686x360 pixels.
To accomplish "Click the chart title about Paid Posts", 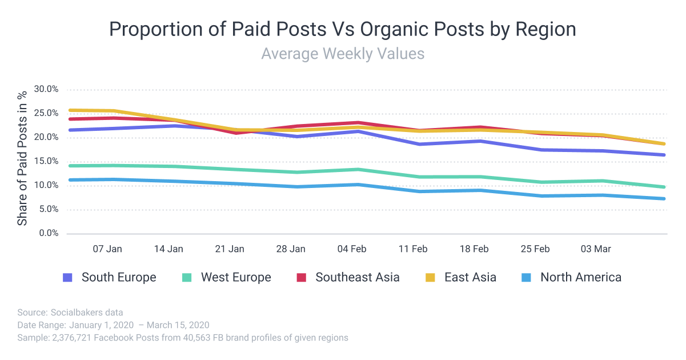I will [343, 29].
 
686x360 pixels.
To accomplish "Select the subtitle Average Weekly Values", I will [343, 54].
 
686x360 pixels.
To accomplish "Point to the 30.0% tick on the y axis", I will [46, 89].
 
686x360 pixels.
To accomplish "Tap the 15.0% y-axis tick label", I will [46, 161].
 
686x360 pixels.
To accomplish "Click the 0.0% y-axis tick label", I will [49, 233].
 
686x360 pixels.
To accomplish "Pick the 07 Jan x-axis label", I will [107, 249].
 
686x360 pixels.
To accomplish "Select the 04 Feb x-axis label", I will [351, 249].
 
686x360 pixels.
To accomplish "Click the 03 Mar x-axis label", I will [596, 249].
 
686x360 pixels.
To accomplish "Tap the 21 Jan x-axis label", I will [230, 249].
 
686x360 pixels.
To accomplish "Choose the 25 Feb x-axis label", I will [535, 249].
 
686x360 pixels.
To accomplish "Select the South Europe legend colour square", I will [67, 278].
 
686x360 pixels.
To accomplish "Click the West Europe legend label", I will [236, 278].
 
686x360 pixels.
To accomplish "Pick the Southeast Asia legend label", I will [358, 278].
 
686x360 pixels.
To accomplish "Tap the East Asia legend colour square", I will [431, 278].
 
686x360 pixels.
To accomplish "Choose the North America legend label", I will [580, 278].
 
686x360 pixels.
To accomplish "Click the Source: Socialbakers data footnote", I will [70, 313].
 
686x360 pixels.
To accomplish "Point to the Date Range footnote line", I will [114, 325].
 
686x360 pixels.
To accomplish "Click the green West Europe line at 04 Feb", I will [358, 169].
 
